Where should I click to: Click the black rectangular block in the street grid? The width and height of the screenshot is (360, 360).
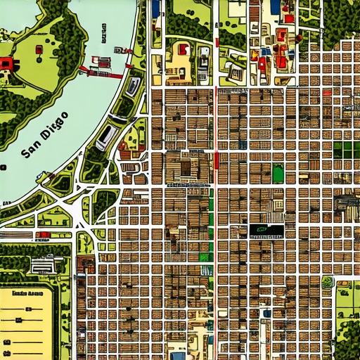(266, 229)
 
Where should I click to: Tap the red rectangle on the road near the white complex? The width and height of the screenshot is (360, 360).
(44, 234)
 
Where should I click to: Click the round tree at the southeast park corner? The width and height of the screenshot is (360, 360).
(326, 283)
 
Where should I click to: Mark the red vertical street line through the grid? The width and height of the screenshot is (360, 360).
(216, 160)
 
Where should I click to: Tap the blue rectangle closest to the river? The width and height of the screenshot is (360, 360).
(155, 9)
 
